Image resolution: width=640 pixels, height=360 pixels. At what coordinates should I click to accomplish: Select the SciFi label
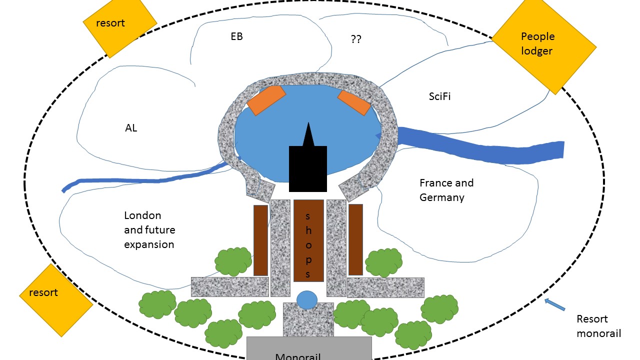439,97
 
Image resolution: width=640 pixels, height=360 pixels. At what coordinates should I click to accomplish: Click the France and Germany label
446,190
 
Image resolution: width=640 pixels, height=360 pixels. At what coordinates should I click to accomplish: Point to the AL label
131,128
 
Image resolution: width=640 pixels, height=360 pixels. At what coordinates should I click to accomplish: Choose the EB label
236,36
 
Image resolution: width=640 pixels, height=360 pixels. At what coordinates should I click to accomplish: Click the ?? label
356,39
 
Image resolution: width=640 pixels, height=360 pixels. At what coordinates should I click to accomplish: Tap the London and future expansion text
149,230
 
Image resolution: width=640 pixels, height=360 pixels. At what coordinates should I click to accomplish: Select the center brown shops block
308,240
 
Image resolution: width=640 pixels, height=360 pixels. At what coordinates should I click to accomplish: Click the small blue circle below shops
307,300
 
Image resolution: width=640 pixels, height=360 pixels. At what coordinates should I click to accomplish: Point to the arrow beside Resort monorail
554,304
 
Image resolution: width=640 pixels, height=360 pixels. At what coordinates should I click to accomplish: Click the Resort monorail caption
598,325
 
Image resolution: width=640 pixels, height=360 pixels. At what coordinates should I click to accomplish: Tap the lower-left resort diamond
56,300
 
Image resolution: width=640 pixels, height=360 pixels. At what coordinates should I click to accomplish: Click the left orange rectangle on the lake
266,100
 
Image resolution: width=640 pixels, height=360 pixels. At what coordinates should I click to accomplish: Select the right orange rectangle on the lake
354,102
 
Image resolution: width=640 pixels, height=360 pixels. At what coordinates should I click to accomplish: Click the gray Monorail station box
309,348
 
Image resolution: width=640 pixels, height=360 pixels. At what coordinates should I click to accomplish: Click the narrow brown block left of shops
260,240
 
